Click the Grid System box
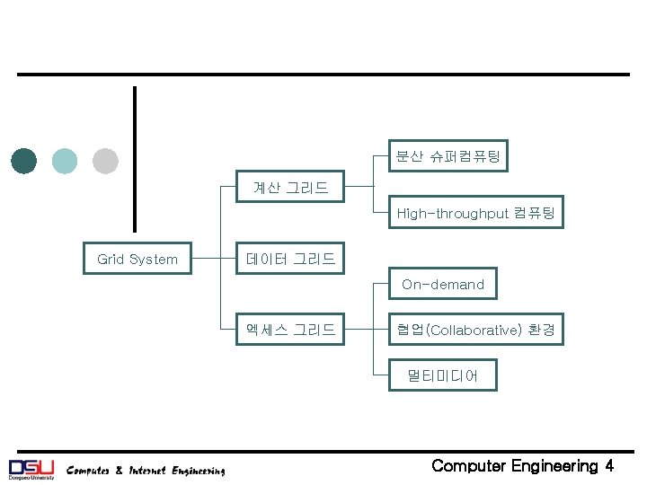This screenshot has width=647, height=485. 137,259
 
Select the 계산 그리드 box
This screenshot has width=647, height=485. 290,188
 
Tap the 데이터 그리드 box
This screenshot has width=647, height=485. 290,259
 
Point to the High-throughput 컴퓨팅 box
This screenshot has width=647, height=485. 476,213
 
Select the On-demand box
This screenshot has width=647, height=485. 442,284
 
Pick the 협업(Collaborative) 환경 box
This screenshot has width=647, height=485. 476,330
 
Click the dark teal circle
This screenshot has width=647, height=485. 24,161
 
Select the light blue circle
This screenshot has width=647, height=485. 65,161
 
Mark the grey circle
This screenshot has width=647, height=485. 105,161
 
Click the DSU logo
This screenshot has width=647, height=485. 31,468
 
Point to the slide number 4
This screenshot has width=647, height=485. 609,465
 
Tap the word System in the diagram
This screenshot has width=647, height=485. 154,259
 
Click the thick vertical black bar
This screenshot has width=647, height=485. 135,159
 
